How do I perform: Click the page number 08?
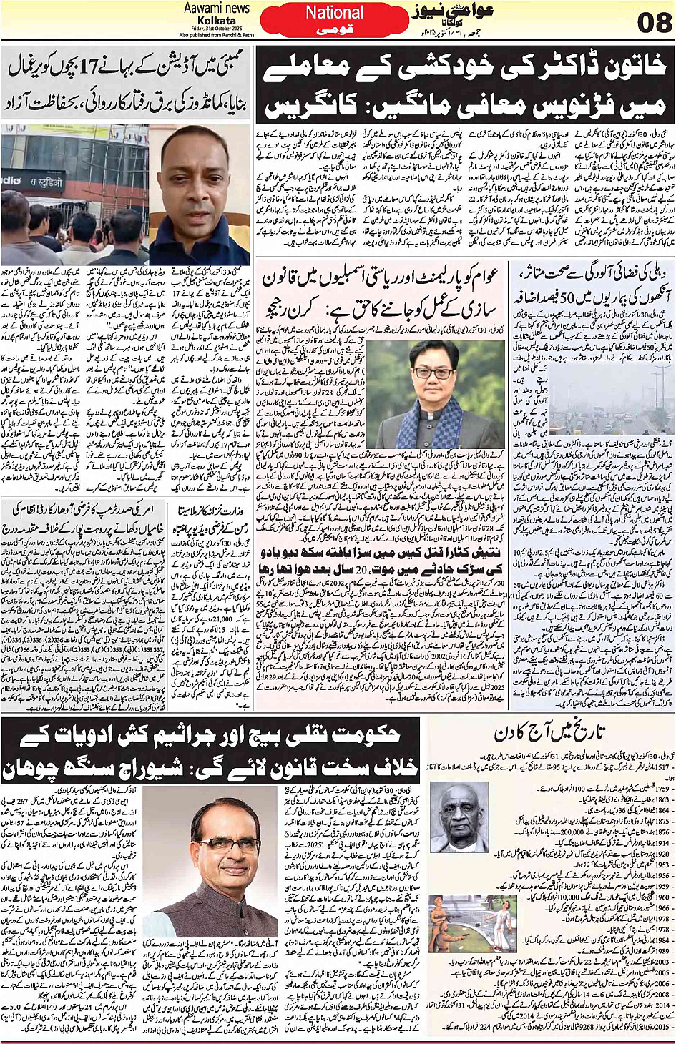(654, 24)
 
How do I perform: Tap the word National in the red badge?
(334, 13)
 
